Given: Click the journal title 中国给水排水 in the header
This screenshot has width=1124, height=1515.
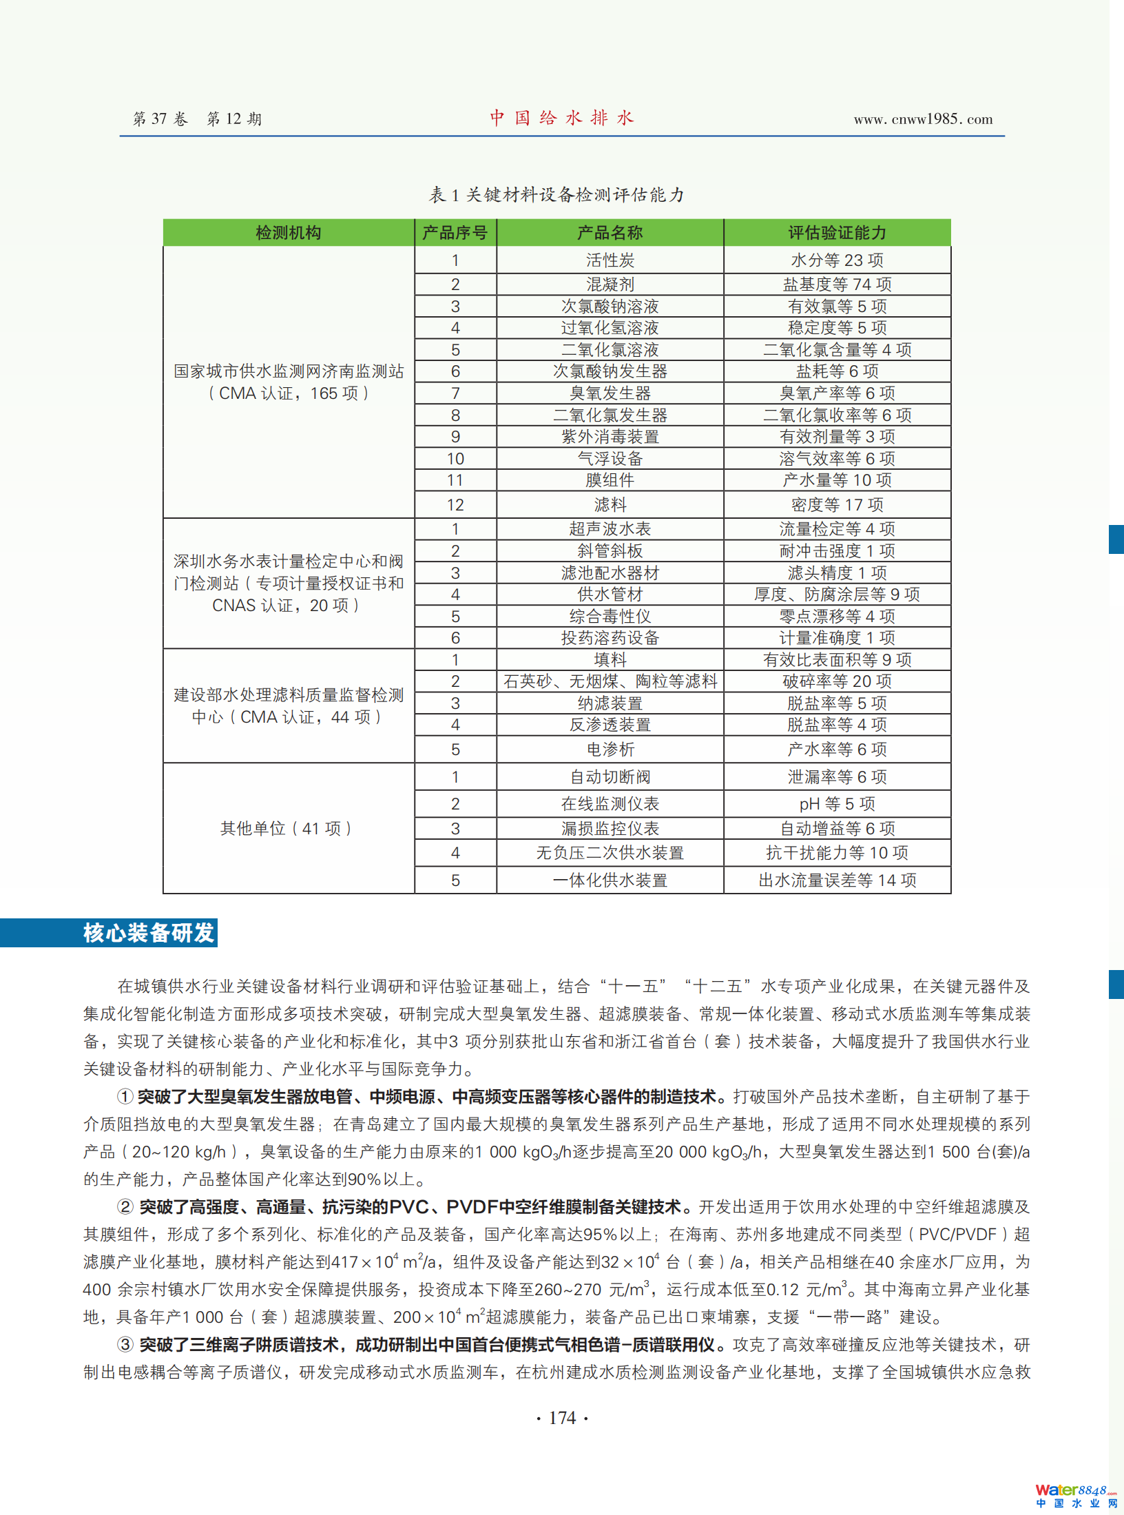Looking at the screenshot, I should point(561,118).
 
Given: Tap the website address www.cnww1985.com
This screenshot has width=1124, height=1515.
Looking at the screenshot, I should point(923,119).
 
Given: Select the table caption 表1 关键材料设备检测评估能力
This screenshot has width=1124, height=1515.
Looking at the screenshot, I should point(556,195).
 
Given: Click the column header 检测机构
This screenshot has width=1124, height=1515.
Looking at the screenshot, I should point(289,233).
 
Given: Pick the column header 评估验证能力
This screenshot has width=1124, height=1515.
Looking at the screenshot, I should point(837,233).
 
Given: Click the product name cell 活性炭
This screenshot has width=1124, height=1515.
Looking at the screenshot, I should point(610,260).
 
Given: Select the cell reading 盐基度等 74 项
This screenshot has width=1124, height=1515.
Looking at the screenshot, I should point(837,284).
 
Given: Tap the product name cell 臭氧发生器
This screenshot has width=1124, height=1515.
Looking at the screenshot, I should point(610,393).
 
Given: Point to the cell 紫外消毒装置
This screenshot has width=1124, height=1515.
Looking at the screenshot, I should point(610,437).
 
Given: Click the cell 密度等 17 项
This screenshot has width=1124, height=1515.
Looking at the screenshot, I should point(837,505).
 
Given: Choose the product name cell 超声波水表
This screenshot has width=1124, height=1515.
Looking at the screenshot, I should point(610,529).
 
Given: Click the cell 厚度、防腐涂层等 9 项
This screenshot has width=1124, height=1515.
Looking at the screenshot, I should point(837,594).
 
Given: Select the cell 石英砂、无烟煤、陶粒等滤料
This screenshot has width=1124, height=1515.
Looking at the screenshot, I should point(610,681).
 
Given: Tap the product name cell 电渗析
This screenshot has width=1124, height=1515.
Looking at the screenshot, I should point(610,749).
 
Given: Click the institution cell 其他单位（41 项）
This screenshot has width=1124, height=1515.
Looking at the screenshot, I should point(287,828).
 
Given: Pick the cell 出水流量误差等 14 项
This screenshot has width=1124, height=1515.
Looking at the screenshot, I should point(837,880).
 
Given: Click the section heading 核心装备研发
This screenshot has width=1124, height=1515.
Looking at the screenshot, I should point(148,933).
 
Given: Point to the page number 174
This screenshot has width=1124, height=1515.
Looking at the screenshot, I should point(562,1417).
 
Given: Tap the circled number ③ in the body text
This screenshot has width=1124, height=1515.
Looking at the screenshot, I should point(125,1344).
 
